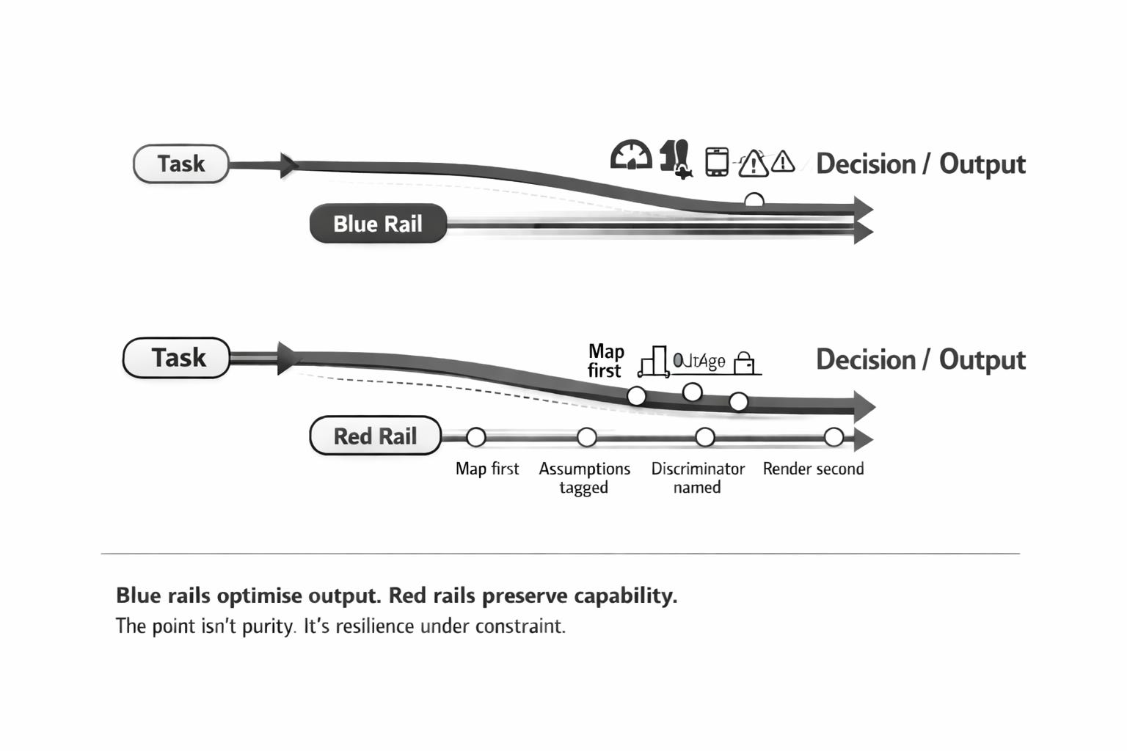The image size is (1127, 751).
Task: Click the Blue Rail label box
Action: point(378,224)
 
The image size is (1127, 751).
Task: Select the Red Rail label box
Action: point(375,436)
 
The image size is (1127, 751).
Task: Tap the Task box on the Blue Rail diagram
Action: point(180,164)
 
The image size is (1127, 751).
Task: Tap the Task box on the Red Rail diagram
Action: point(177,358)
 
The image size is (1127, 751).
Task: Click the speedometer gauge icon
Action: point(631,155)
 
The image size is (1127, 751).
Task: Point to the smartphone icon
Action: point(716,161)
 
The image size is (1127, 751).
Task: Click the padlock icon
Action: point(745,362)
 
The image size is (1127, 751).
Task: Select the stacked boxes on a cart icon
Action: point(653,362)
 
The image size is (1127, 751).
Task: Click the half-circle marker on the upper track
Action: point(754,200)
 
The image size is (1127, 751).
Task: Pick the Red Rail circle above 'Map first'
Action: point(476,438)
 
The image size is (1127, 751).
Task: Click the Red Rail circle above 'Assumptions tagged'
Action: point(586,438)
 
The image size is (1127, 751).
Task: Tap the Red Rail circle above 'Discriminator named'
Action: point(705,438)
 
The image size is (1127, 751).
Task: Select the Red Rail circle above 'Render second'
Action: point(834,438)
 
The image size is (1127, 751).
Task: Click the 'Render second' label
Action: point(813,469)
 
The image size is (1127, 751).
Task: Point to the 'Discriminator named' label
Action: point(698,477)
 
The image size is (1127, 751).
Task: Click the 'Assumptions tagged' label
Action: point(584,477)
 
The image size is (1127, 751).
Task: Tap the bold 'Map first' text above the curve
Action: point(605,361)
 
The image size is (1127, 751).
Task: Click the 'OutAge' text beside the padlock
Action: point(700,361)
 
